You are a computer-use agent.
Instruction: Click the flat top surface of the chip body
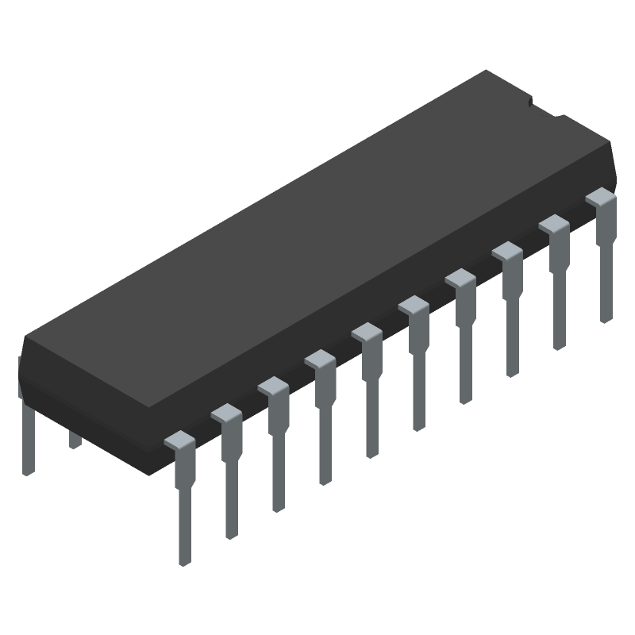317,238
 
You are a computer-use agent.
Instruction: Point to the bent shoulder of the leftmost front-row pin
179,441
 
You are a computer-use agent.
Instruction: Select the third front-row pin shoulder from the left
273,387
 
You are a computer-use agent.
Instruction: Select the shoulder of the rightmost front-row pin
601,198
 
